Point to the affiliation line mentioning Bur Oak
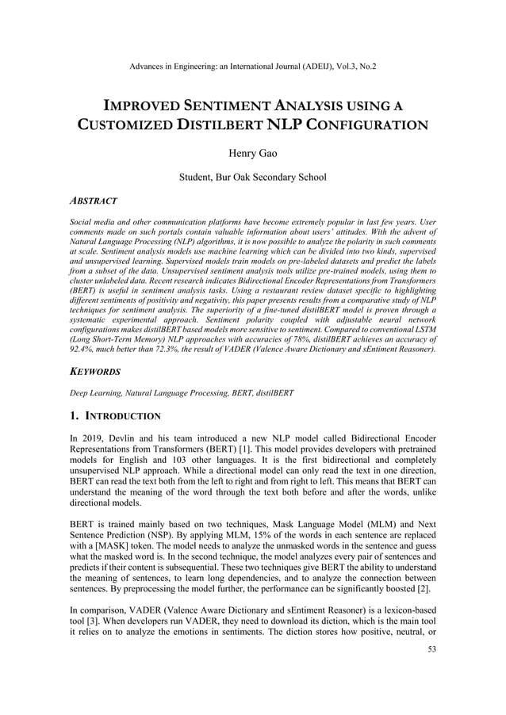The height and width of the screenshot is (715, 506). pyautogui.click(x=252, y=177)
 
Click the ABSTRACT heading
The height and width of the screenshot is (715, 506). pyautogui.click(x=94, y=201)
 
